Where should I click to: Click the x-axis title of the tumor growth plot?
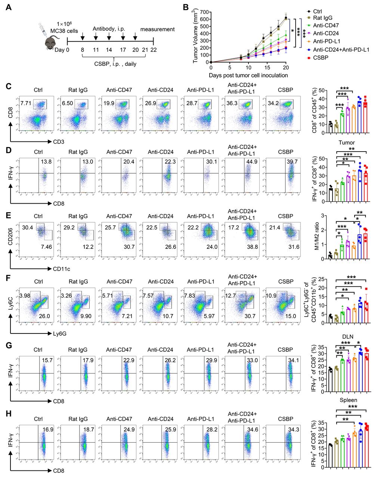(x=248, y=75)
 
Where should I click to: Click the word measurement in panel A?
(x=157, y=29)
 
